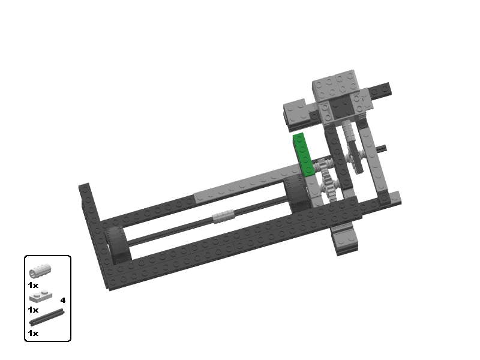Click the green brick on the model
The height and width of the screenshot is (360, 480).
click(x=304, y=155)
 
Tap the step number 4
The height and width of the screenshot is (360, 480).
click(x=63, y=301)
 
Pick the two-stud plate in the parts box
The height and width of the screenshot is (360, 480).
click(x=41, y=296)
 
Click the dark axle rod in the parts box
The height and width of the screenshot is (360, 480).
click(x=47, y=317)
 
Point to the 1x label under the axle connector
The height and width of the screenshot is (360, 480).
click(x=33, y=286)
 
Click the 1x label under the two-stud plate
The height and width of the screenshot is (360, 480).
click(x=33, y=310)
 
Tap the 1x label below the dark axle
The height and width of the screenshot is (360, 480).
click(x=33, y=333)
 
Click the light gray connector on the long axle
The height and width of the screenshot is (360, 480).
click(x=223, y=216)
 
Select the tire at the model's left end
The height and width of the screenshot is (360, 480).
click(x=117, y=245)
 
